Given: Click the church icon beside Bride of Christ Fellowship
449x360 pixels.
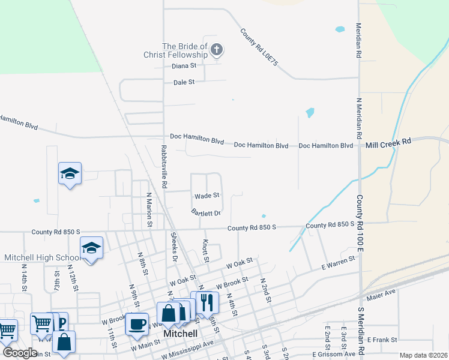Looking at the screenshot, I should click(217, 50).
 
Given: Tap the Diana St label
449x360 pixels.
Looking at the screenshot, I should click(184, 66).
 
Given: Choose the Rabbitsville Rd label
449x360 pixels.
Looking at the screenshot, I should click(163, 163).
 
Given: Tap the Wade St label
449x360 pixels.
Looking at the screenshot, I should click(207, 196).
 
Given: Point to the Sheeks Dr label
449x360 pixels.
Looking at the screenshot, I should click(175, 247).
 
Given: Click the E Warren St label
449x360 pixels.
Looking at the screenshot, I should click(339, 261).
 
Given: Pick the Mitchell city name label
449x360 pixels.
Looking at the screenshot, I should click(181, 333).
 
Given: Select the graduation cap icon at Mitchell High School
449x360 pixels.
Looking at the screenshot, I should click(91, 247).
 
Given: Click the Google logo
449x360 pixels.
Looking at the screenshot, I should click(20, 353).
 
